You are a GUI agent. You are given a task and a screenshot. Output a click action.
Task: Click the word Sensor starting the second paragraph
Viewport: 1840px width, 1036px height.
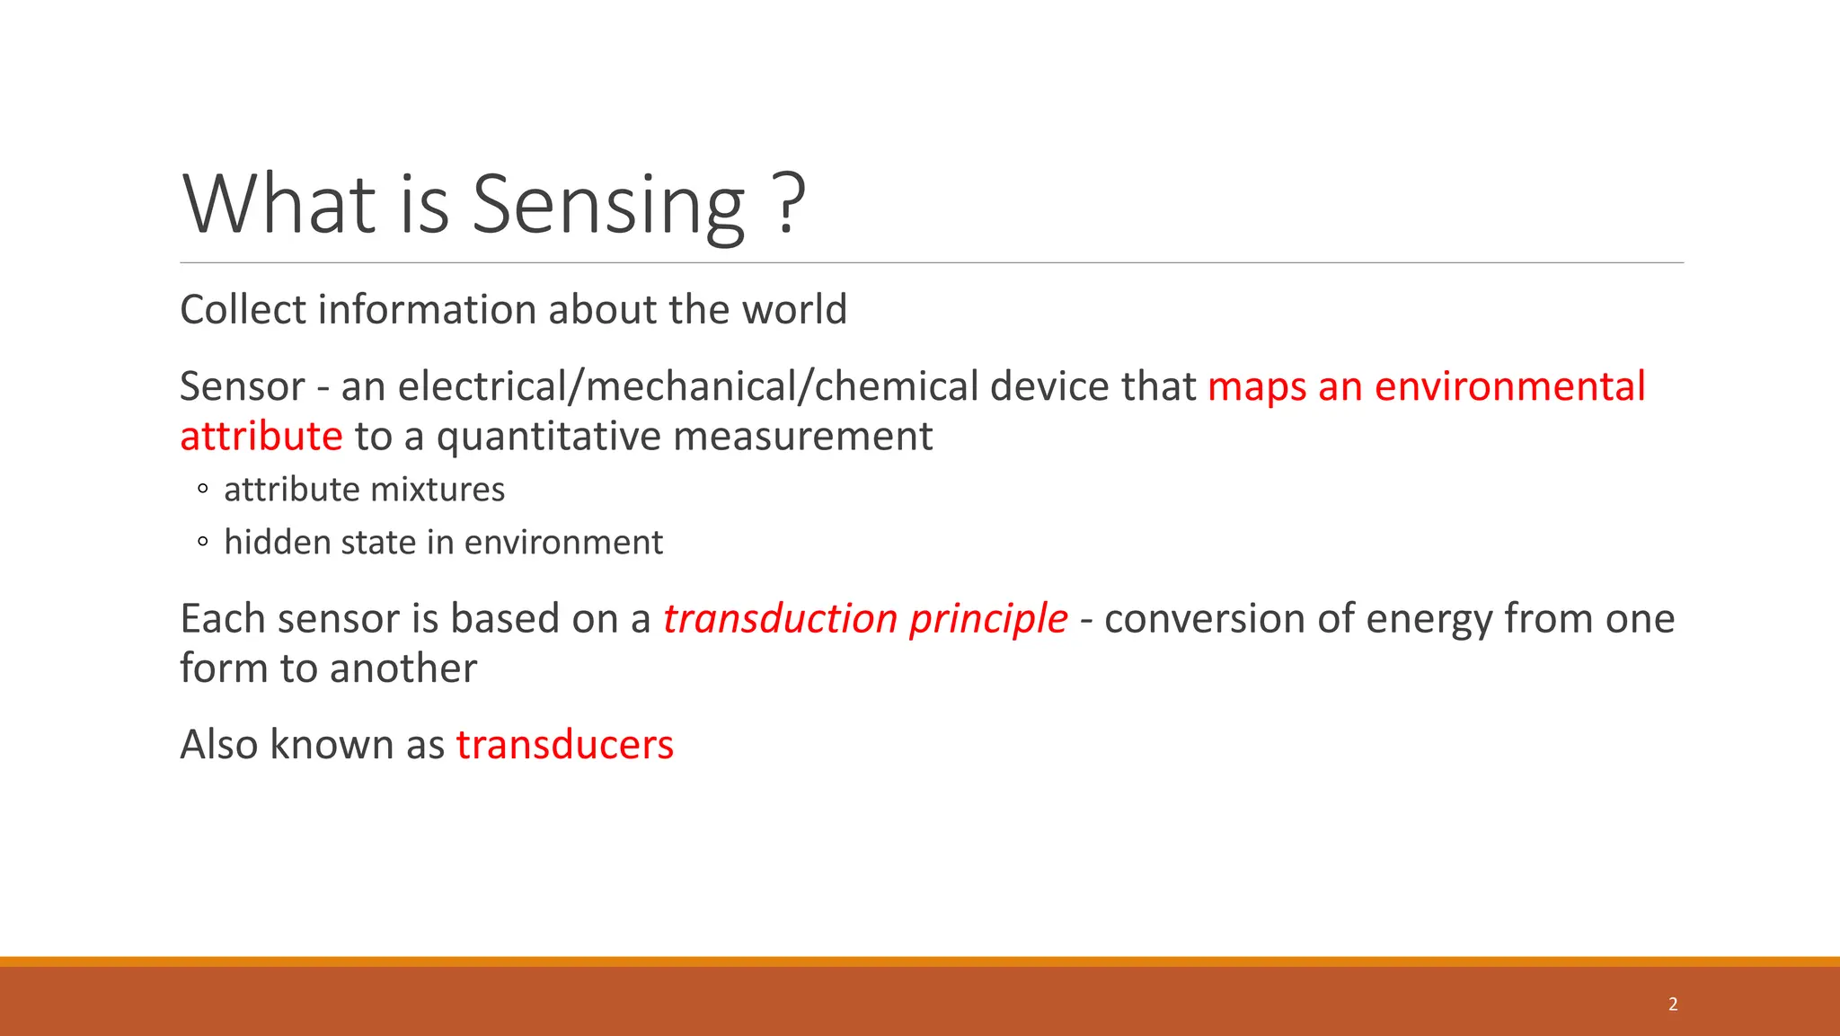(x=243, y=386)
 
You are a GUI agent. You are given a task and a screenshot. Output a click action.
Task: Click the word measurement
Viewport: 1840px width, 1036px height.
(x=802, y=437)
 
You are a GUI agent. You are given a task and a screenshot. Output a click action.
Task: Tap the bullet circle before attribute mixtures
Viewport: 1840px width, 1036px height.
(x=203, y=490)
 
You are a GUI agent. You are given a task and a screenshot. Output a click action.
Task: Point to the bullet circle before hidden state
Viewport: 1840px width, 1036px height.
(x=203, y=542)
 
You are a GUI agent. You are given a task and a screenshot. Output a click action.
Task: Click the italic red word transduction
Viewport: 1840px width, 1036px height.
(x=780, y=619)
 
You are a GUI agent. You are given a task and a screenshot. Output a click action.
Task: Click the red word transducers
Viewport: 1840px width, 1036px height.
(x=564, y=745)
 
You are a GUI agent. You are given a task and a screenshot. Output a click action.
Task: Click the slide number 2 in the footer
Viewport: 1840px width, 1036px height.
(x=1673, y=1004)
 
